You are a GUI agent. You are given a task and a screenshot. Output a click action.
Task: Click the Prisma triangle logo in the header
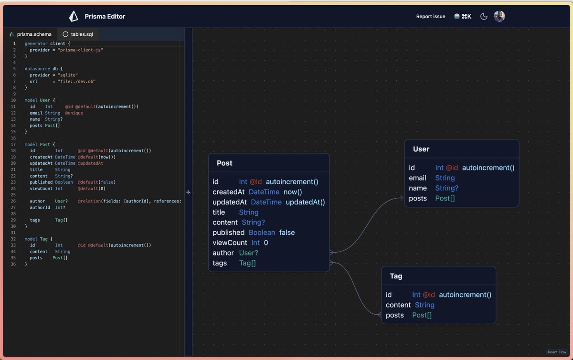pyautogui.click(x=74, y=16)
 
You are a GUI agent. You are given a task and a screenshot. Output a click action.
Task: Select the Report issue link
pyautogui.click(x=430, y=16)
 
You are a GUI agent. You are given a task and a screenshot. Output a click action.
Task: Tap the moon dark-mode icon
pyautogui.click(x=484, y=16)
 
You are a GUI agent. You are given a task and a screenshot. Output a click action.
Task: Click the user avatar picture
pyautogui.click(x=499, y=16)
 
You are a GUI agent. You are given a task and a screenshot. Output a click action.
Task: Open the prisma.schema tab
pyautogui.click(x=34, y=34)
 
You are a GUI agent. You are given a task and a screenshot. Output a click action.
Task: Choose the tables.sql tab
pyautogui.click(x=81, y=34)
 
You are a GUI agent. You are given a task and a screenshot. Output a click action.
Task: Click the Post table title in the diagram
pyautogui.click(x=224, y=163)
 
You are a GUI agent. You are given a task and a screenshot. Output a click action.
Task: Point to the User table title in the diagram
pyautogui.click(x=421, y=149)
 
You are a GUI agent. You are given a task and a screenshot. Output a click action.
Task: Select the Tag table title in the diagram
pyautogui.click(x=396, y=276)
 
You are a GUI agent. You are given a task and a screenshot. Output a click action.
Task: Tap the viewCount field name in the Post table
pyautogui.click(x=230, y=243)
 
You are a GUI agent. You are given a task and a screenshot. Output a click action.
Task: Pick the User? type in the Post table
pyautogui.click(x=248, y=253)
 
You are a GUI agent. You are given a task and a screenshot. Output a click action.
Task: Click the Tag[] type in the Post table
pyautogui.click(x=247, y=263)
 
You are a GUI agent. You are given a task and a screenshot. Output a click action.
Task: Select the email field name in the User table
pyautogui.click(x=417, y=178)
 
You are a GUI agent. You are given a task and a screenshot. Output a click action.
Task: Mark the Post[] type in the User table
pyautogui.click(x=445, y=198)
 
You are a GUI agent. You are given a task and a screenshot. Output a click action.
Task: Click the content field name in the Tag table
pyautogui.click(x=398, y=305)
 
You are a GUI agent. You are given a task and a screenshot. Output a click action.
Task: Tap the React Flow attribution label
pyautogui.click(x=557, y=352)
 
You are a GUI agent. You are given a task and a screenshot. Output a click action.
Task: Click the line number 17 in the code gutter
pyautogui.click(x=13, y=144)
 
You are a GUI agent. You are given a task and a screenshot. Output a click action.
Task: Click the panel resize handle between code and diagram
pyautogui.click(x=189, y=192)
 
